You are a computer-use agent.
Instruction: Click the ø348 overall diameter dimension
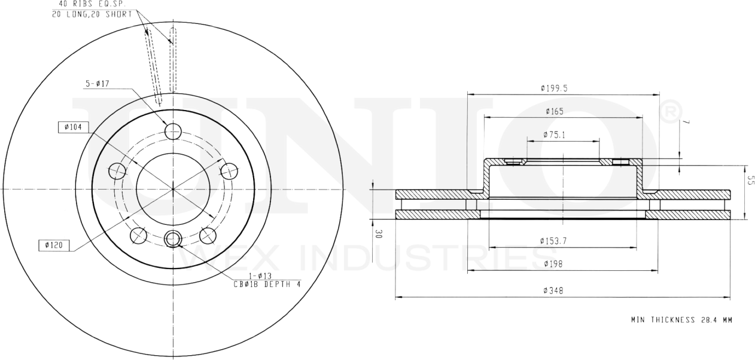pyautogui.click(x=554, y=291)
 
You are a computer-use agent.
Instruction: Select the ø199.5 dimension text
pyautogui.click(x=554, y=88)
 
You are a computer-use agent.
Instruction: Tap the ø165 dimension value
pyautogui.click(x=555, y=111)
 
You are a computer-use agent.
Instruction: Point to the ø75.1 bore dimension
pyautogui.click(x=555, y=135)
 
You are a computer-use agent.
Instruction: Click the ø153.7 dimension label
pyautogui.click(x=554, y=241)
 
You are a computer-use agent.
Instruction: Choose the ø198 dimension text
pyautogui.click(x=554, y=264)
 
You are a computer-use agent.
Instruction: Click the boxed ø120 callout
pyautogui.click(x=54, y=245)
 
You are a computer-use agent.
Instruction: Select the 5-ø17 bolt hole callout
pyautogui.click(x=96, y=84)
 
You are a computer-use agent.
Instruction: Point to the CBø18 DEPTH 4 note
pyautogui.click(x=267, y=284)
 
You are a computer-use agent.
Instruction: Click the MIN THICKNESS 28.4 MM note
pyautogui.click(x=681, y=320)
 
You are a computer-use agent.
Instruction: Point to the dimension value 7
pyautogui.click(x=687, y=122)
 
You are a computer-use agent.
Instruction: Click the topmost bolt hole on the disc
pyautogui.click(x=173, y=132)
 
